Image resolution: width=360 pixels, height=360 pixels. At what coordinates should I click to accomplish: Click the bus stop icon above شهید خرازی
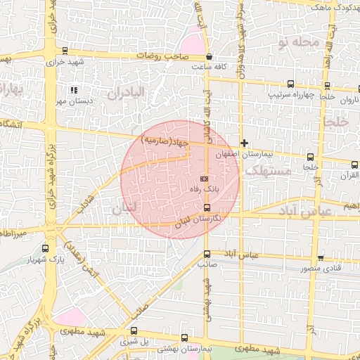coord(65,50)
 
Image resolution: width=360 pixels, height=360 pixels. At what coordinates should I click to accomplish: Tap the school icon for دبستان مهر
coord(74,90)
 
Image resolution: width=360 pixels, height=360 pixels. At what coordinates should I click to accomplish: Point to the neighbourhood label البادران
coord(126,92)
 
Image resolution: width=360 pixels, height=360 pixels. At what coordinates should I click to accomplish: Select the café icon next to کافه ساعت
coord(210,57)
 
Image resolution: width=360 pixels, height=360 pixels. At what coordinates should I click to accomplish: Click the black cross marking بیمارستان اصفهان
coord(244,143)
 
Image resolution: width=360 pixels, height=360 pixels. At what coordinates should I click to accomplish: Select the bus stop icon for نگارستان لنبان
coord(207,207)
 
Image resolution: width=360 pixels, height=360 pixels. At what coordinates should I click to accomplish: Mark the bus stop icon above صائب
coord(207,254)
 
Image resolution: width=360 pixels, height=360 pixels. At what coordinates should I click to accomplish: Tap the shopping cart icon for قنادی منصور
coord(321,257)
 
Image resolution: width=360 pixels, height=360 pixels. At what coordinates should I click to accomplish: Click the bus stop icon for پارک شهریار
coord(46,248)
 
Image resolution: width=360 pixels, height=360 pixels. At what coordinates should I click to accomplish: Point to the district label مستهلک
coord(265,170)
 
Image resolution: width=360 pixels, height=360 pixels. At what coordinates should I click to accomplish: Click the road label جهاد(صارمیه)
coord(165,141)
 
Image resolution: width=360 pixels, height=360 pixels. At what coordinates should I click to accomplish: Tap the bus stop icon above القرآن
coord(354,164)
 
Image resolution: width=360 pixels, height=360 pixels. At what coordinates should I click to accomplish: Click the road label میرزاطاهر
coord(13,232)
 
